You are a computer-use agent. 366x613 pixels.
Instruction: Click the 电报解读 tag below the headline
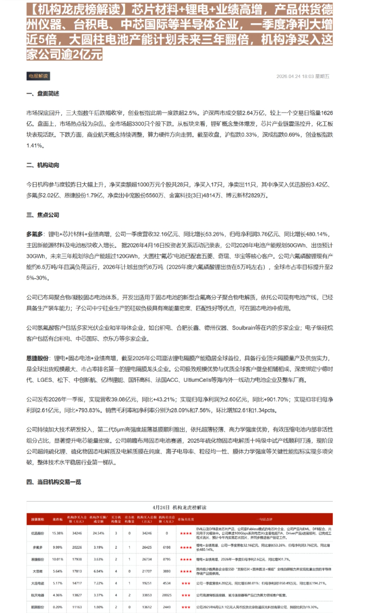coord(38,76)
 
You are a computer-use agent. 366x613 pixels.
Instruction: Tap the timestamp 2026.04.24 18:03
coord(295,76)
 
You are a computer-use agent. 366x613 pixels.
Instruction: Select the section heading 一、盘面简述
coord(43,94)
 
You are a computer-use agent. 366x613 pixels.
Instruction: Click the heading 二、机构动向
coord(43,165)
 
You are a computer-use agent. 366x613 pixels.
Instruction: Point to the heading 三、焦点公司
coord(43,215)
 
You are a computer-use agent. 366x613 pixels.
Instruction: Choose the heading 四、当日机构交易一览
coord(54,482)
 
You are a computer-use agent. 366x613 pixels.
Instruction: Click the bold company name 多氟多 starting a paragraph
coord(35,234)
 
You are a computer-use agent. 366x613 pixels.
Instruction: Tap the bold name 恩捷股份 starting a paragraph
coord(37,358)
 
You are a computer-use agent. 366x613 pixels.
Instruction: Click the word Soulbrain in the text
coord(243,328)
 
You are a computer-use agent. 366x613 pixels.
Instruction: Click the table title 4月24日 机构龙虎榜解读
coord(179,508)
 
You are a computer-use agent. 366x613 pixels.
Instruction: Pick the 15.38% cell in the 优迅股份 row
coord(57,533)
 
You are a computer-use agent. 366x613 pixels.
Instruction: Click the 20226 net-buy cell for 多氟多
coord(77,547)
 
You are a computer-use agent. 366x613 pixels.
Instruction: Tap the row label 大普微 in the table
coord(38,571)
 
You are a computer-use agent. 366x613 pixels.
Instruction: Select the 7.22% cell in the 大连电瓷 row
coord(98,583)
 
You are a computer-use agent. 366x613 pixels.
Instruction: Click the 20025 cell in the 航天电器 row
coord(167,595)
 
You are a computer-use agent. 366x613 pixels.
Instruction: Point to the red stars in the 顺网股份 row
coord(186,607)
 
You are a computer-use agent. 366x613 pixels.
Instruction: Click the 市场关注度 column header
coord(186,519)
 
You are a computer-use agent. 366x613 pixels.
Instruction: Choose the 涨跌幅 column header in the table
coord(57,519)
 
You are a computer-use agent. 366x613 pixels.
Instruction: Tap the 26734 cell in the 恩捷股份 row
coord(147,559)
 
